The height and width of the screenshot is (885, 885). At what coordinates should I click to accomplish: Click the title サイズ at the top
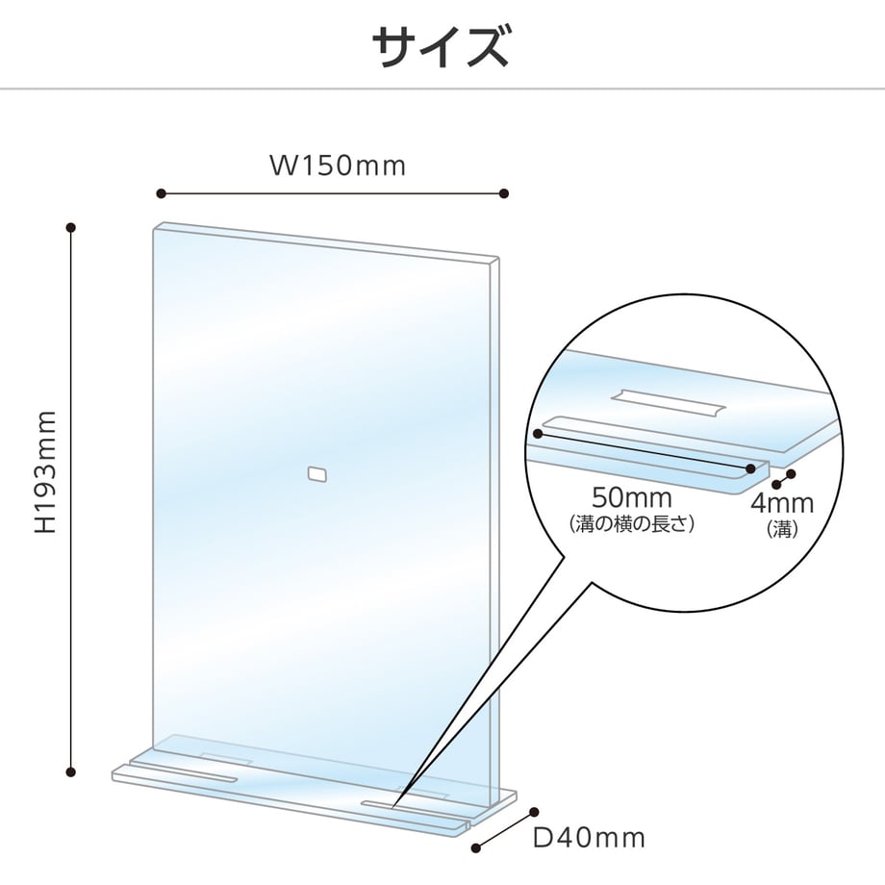click(x=441, y=47)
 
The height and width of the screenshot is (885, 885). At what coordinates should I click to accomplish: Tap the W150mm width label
click(x=338, y=165)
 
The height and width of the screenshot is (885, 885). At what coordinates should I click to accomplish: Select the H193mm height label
click(x=46, y=472)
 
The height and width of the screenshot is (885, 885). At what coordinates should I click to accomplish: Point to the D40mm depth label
click(x=589, y=838)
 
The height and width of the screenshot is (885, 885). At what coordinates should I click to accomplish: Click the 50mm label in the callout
click(x=632, y=498)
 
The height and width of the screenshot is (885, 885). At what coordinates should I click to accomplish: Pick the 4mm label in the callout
click(x=782, y=503)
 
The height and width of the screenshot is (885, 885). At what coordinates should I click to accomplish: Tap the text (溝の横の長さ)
click(x=632, y=524)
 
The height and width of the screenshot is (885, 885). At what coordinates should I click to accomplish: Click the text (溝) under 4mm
click(x=782, y=529)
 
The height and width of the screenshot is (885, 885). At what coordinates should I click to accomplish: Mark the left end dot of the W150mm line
click(x=162, y=193)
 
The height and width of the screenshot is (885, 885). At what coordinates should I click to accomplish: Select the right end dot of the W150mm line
click(x=504, y=193)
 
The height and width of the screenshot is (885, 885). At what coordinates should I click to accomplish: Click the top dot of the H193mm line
click(x=71, y=227)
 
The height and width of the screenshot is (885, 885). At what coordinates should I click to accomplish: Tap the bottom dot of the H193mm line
click(x=71, y=772)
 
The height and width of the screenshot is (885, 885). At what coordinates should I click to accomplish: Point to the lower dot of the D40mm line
click(x=476, y=847)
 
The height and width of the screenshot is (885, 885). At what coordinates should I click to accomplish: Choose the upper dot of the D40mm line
click(x=534, y=812)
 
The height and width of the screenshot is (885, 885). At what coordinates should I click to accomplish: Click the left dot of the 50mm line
click(x=538, y=434)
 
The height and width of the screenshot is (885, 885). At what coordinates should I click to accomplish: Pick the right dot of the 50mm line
click(x=750, y=468)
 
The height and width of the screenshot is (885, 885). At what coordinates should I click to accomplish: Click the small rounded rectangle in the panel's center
click(x=317, y=474)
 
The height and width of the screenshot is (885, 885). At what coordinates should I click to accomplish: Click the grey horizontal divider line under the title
click(x=442, y=88)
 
